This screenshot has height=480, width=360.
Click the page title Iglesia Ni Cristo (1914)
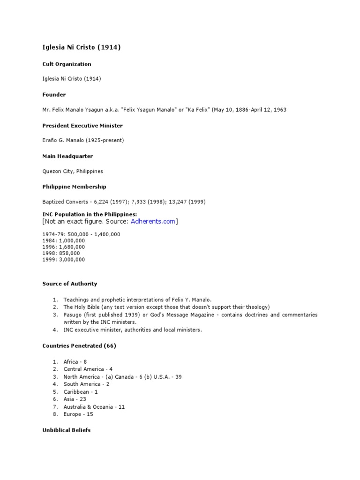click(x=82, y=47)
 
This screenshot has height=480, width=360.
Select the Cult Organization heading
click(x=67, y=64)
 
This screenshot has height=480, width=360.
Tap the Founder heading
click(x=54, y=95)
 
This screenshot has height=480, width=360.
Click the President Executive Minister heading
click(x=82, y=126)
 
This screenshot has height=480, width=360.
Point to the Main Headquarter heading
click(x=67, y=156)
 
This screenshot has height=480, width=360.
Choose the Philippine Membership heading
click(x=74, y=187)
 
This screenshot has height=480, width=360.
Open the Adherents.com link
click(x=152, y=221)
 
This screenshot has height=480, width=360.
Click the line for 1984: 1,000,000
click(x=64, y=240)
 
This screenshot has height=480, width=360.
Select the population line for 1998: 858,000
click(x=61, y=253)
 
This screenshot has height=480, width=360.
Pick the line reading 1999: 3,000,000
click(x=64, y=260)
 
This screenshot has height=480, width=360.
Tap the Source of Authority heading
click(x=70, y=284)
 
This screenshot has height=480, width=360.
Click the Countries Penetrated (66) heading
click(x=79, y=346)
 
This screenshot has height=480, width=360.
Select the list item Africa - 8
click(x=75, y=362)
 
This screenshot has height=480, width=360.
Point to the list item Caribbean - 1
click(x=81, y=392)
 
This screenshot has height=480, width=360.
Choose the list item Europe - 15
click(x=78, y=414)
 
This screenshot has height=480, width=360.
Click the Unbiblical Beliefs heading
click(x=67, y=430)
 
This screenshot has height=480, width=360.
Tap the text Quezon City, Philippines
click(x=73, y=172)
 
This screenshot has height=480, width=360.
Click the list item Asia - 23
click(x=75, y=399)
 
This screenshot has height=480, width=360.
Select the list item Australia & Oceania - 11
click(x=94, y=407)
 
